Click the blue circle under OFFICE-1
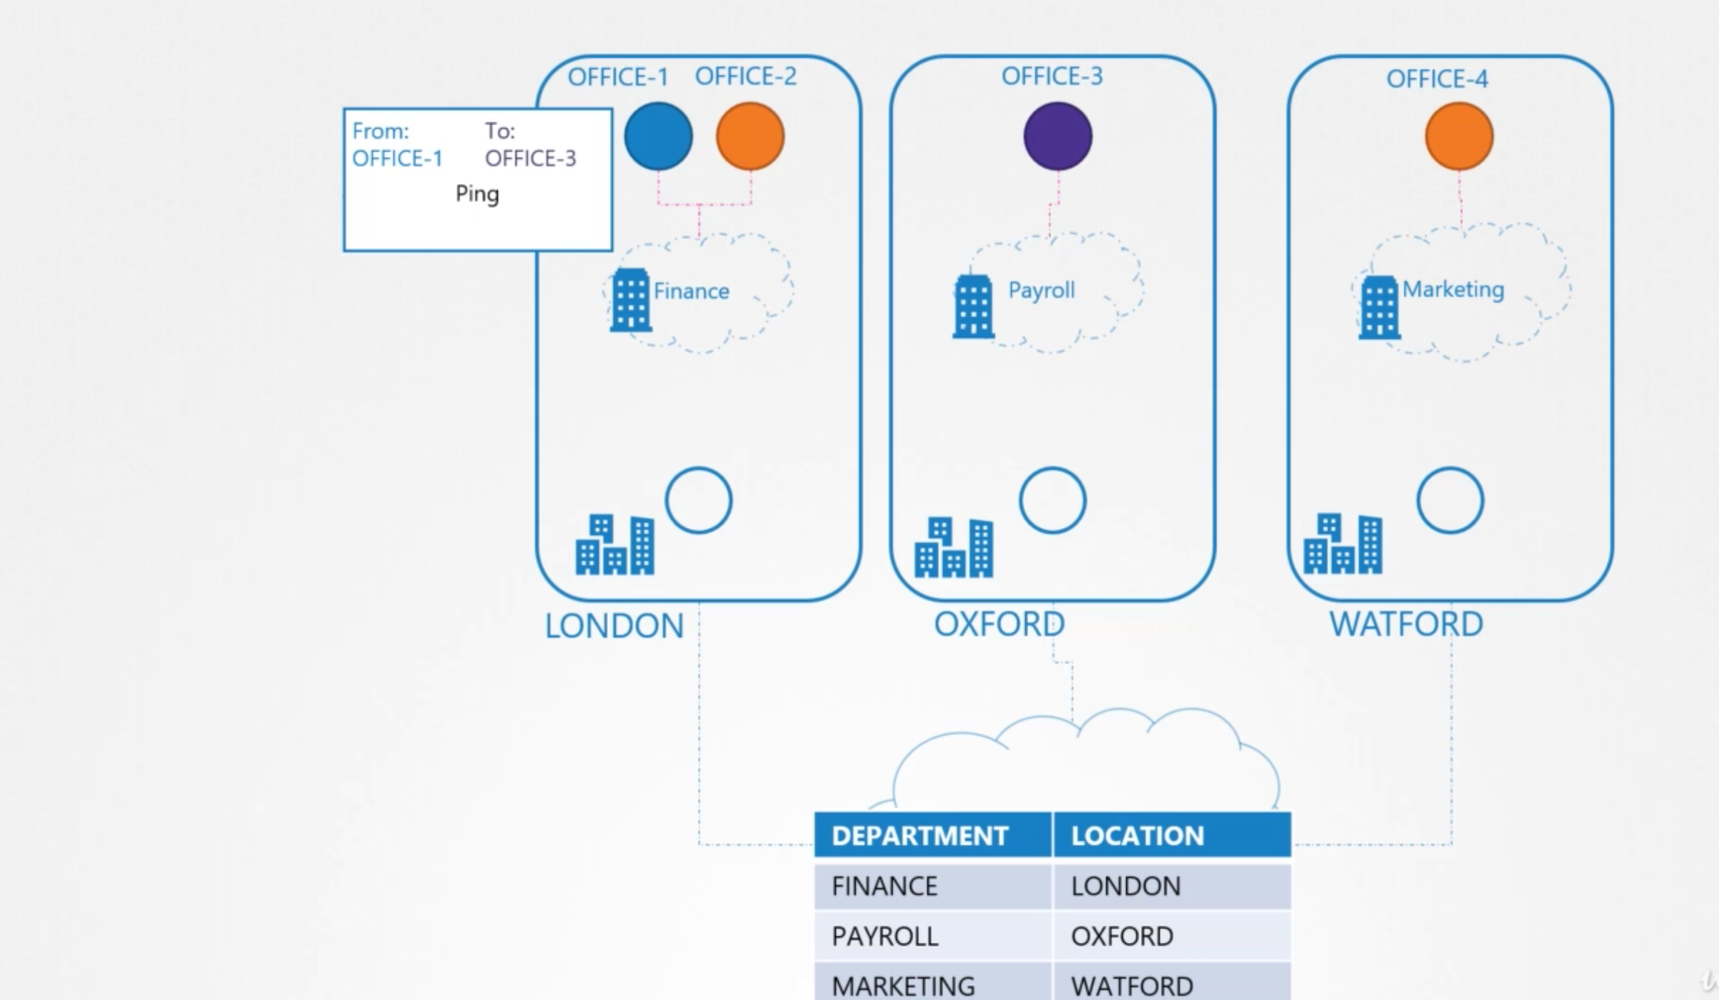click(x=658, y=136)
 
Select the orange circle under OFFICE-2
click(x=750, y=136)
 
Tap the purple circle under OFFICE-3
click(x=1058, y=136)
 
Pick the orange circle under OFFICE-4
click(x=1459, y=136)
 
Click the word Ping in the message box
click(x=477, y=194)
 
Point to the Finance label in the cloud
click(x=691, y=291)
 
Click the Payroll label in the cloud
click(x=1041, y=290)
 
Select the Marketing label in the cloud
click(x=1453, y=289)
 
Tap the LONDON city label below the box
click(x=614, y=626)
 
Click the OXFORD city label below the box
click(x=999, y=624)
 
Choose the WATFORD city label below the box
click(x=1406, y=624)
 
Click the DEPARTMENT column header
click(x=920, y=835)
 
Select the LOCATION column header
click(x=1137, y=835)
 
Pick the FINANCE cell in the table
click(x=884, y=886)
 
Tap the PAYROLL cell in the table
click(x=885, y=936)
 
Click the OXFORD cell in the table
click(x=1121, y=936)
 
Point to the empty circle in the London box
click(x=699, y=500)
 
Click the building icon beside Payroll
click(x=973, y=307)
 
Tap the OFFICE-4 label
click(x=1437, y=79)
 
